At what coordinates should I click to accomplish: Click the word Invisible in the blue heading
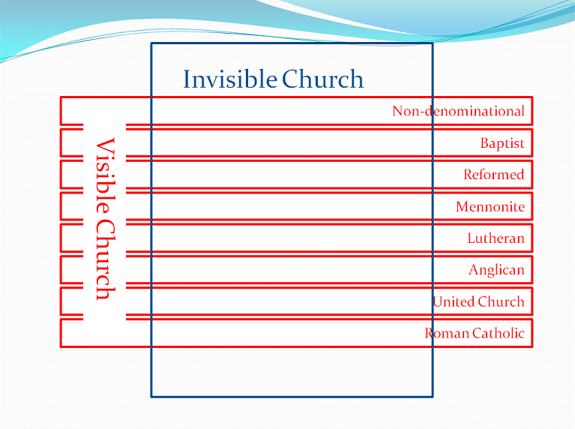click(230, 79)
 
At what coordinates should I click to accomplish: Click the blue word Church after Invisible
click(322, 79)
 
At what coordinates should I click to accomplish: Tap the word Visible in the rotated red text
click(106, 175)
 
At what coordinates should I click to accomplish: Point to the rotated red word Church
click(106, 259)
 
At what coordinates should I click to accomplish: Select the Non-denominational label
click(458, 111)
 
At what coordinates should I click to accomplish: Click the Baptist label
click(502, 143)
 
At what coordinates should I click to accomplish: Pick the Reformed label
click(494, 174)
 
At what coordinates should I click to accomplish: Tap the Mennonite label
click(490, 206)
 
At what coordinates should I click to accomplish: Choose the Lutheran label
click(496, 238)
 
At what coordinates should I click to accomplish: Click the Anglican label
click(496, 270)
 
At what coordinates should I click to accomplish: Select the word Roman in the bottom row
click(447, 333)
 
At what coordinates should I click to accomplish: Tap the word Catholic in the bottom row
click(499, 333)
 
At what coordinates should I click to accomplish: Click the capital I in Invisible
click(187, 79)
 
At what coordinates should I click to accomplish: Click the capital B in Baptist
click(485, 142)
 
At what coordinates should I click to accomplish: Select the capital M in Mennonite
click(463, 206)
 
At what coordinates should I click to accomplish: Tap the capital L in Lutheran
click(472, 238)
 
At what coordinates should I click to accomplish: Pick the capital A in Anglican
click(474, 270)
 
